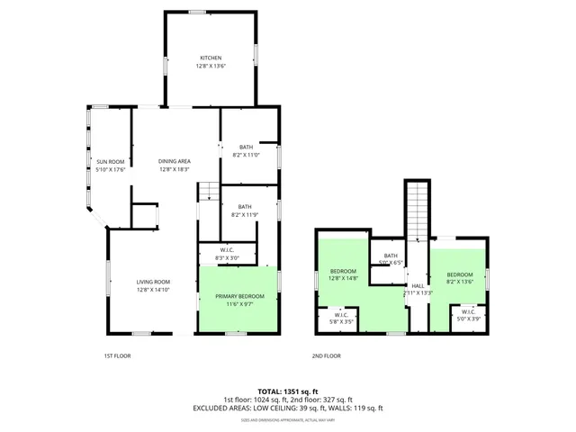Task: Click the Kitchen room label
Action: click(210, 62)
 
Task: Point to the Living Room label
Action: click(153, 286)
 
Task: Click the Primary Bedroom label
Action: click(239, 301)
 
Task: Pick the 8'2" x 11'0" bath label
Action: click(246, 151)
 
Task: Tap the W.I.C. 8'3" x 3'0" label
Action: click(227, 255)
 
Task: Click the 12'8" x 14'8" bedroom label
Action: click(344, 275)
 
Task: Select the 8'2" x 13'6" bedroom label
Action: click(459, 278)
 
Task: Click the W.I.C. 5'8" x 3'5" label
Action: click(341, 318)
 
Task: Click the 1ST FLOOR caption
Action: click(117, 355)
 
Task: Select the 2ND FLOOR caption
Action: click(328, 355)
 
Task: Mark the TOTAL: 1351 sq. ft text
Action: click(288, 391)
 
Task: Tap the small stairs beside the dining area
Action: click(208, 191)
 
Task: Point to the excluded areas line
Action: click(288, 408)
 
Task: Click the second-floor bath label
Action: click(391, 259)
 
